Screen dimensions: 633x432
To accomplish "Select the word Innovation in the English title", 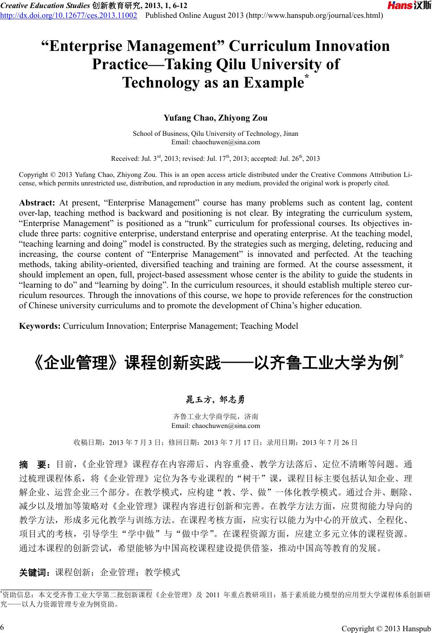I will click(x=353, y=46).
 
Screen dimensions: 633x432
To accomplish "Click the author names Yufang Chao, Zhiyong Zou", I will click(x=216, y=118).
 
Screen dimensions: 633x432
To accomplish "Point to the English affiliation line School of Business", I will click(x=216, y=134).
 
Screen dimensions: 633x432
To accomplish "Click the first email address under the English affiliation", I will click(x=216, y=143).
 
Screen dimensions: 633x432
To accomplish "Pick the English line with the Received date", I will click(x=216, y=159).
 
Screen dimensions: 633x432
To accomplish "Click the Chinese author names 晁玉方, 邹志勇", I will click(x=216, y=399).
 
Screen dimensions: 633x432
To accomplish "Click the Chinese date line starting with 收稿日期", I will click(x=216, y=443).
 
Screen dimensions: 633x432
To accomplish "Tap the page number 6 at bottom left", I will click(x=3, y=625).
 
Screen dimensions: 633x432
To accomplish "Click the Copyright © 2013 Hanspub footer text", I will click(x=386, y=629).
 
